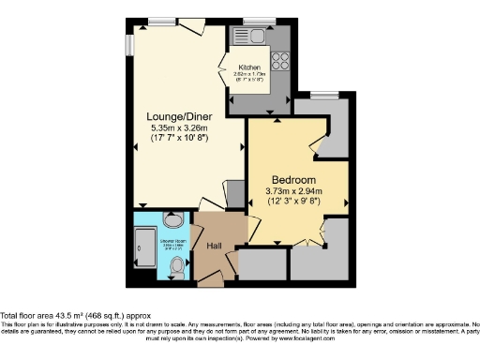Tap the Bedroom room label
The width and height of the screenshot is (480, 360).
click(293, 179)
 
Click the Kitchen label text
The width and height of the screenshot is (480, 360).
click(249, 67)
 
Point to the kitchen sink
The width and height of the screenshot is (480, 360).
click(256, 37)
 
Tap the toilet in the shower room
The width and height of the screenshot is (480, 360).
click(176, 267)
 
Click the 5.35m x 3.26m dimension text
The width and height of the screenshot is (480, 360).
click(178, 127)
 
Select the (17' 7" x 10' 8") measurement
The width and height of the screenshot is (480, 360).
click(178, 138)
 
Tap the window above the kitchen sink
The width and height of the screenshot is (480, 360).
click(255, 20)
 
